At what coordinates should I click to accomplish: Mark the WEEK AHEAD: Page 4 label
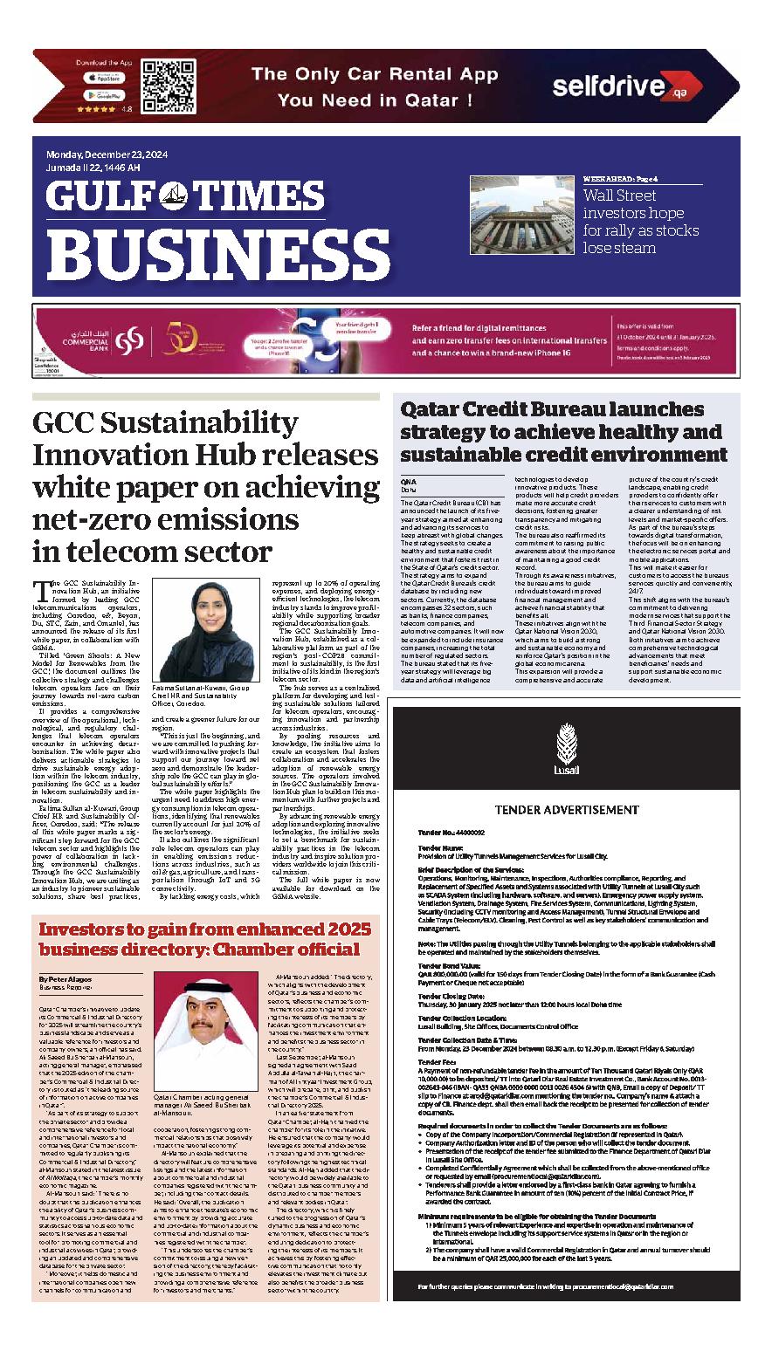pyautogui.click(x=620, y=179)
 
